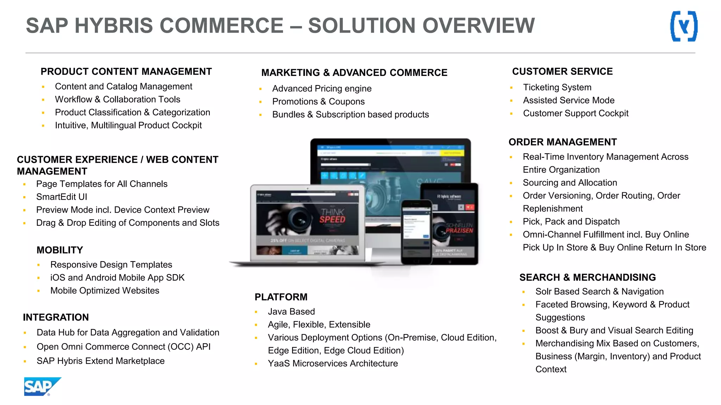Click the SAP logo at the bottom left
42,386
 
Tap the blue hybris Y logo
684,26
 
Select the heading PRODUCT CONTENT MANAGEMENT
126,72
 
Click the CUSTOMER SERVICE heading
562,72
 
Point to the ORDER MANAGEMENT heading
563,142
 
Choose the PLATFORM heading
281,297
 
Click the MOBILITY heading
60,250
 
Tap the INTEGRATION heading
56,317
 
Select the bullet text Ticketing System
557,87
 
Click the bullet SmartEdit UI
62,197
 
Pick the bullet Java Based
291,311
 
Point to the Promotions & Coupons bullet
318,102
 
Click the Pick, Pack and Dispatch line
571,221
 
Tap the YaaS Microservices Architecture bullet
333,364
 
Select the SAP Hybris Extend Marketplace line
100,361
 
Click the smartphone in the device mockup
417,232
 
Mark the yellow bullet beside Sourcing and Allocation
511,183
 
